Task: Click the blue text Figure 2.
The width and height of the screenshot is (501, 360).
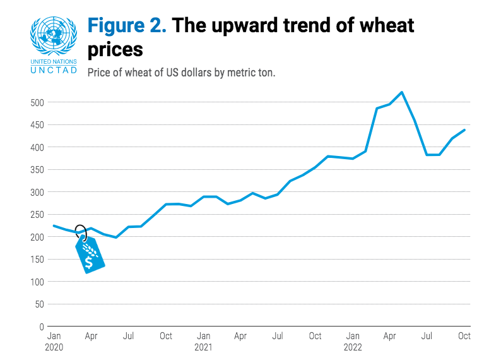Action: (127, 26)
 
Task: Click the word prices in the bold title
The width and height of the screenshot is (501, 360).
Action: (115, 49)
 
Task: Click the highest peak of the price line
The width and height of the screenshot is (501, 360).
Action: (402, 92)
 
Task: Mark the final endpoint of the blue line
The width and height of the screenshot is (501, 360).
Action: (464, 130)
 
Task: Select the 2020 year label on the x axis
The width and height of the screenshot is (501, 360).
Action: (55, 347)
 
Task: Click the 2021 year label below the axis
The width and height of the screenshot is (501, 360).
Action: (203, 347)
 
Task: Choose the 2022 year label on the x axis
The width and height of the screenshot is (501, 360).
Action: (353, 347)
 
